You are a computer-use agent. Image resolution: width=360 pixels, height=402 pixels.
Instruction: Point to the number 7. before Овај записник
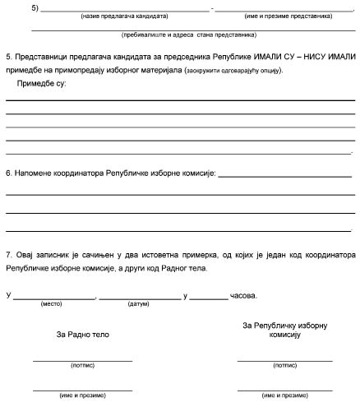(x=9, y=255)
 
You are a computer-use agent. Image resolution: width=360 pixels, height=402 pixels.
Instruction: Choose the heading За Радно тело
(x=82, y=335)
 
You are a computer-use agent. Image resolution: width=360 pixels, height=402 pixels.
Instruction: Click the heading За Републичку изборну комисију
(x=284, y=330)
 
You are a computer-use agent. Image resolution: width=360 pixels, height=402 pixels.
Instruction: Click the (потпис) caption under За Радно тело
(x=83, y=366)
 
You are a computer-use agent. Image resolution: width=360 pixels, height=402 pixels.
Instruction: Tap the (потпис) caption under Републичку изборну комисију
(x=284, y=366)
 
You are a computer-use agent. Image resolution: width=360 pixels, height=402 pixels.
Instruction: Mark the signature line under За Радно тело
(x=82, y=360)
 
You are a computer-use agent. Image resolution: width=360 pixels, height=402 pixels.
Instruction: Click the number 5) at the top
(x=34, y=7)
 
